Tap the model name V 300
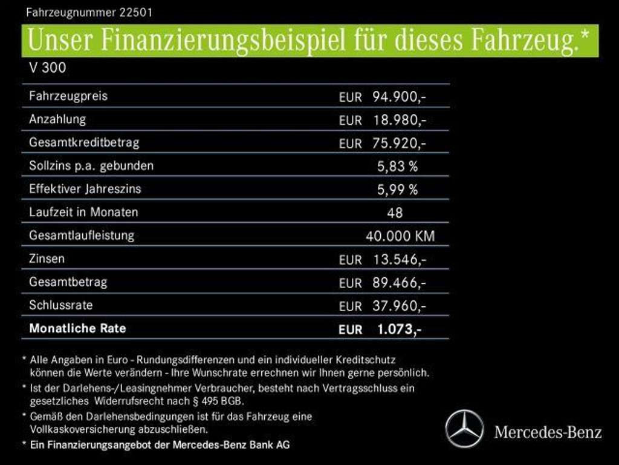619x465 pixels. coord(47,68)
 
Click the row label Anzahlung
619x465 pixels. coord(57,119)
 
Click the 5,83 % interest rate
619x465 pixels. coord(397,167)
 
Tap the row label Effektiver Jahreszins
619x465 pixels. coord(85,189)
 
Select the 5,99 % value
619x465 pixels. coord(397,190)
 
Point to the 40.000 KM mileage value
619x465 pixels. coord(400,236)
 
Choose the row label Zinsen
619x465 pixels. coord(47,259)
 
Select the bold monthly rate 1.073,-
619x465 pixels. coord(398,329)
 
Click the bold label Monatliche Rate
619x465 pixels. coord(77,329)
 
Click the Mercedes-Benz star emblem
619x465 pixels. coord(464,429)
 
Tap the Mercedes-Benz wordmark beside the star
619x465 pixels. coord(548,432)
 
